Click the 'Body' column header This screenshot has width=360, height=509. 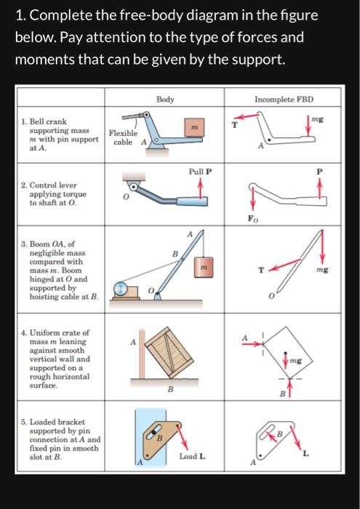165,100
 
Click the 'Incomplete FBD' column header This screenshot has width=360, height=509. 284,100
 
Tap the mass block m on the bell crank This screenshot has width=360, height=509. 194,127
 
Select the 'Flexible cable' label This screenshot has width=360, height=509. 123,137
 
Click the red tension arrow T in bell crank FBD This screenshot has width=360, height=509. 246,116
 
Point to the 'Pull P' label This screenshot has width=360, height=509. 200,172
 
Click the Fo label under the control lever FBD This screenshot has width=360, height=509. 253,219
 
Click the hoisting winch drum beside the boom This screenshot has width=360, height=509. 121,289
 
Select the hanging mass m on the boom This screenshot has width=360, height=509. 204,267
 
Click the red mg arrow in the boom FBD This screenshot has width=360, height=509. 321,247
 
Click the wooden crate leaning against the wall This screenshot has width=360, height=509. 169,352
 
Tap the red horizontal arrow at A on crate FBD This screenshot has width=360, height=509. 252,343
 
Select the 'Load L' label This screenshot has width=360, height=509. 192,457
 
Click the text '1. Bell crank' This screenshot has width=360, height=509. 44,121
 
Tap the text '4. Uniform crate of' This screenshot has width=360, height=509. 55,333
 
